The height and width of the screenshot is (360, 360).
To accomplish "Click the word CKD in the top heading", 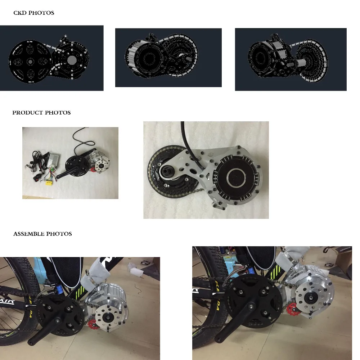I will click(x=19, y=13).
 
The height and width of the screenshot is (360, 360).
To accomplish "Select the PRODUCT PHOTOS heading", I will click(x=41, y=113).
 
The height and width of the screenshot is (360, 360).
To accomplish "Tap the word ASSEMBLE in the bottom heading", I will click(x=28, y=234).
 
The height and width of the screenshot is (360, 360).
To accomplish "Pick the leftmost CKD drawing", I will click(x=51, y=58).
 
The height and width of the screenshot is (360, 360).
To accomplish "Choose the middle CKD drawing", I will click(x=168, y=58).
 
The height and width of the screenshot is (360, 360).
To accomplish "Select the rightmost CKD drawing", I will click(x=291, y=59).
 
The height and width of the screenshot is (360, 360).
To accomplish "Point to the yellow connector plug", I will click(x=48, y=183).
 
